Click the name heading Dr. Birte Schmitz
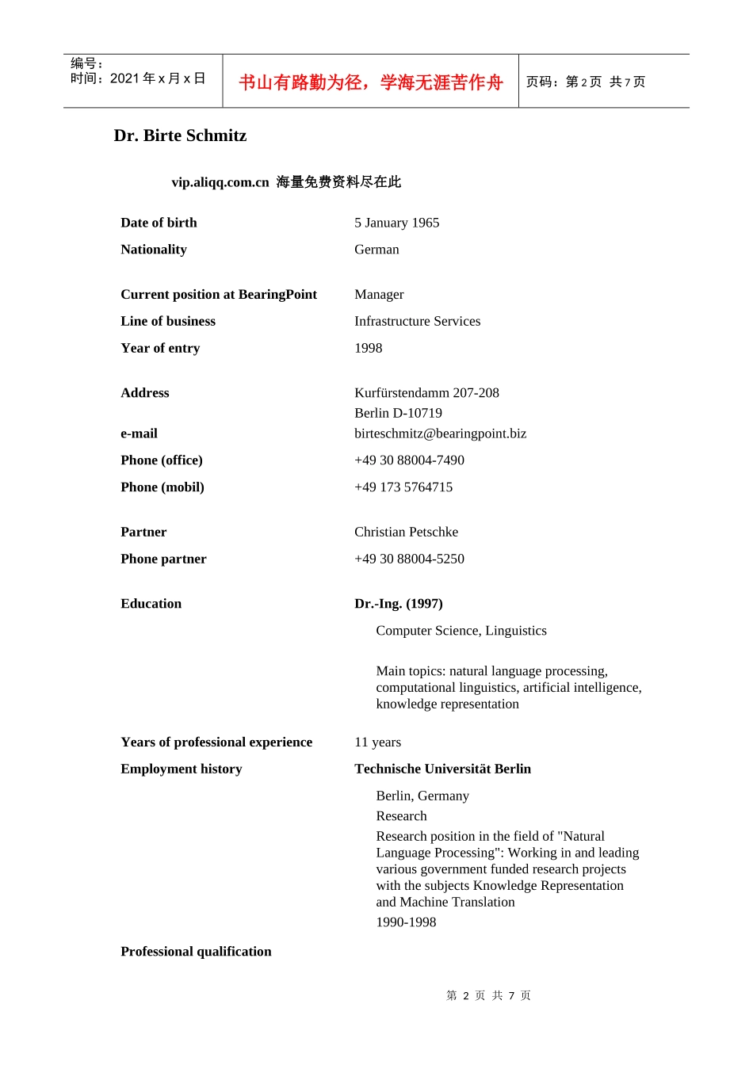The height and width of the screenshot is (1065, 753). [x=180, y=136]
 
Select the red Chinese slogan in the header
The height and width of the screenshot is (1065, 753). [x=370, y=82]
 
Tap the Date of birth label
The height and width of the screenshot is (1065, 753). [x=159, y=223]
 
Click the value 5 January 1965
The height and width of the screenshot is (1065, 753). [x=396, y=223]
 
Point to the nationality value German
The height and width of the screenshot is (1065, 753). [x=376, y=250]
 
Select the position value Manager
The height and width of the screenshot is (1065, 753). [x=379, y=295]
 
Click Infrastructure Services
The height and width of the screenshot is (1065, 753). [x=417, y=321]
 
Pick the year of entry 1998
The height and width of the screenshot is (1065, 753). [x=368, y=348]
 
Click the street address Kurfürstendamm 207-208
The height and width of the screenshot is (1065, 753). [x=426, y=393]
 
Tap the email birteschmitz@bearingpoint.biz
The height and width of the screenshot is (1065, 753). [x=440, y=433]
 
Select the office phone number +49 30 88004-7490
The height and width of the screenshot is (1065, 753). [x=409, y=460]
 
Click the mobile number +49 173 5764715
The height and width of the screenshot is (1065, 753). [x=403, y=487]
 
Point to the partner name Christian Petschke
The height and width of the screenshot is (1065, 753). [x=406, y=532]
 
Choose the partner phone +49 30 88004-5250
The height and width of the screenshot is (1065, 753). [x=409, y=559]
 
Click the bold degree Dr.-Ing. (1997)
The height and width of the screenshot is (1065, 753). [x=398, y=604]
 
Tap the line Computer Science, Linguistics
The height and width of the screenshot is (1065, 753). [x=461, y=631]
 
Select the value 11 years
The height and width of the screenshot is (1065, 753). [x=377, y=742]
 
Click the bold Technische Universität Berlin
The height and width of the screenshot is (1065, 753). [x=442, y=769]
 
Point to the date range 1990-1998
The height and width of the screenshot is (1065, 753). [x=406, y=922]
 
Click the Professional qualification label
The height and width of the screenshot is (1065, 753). [x=196, y=952]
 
